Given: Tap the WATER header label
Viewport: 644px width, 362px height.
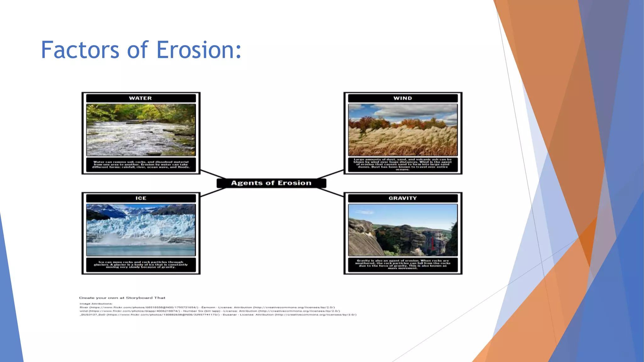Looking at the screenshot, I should click(x=141, y=98).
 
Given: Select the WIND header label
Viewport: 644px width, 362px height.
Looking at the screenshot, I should click(x=402, y=98).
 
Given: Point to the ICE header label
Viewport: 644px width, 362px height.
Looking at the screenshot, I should click(x=141, y=198).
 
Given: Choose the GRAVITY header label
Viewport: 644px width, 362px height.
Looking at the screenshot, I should click(x=402, y=198).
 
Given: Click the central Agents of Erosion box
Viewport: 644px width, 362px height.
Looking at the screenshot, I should click(x=271, y=183).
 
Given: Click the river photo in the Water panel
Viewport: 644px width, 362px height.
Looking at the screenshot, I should click(x=141, y=130).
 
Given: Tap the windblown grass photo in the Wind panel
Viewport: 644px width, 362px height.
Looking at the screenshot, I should click(x=403, y=130).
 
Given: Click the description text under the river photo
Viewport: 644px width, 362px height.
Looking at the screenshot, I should click(x=141, y=165).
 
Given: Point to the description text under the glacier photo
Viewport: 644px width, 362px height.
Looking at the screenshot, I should click(x=141, y=265).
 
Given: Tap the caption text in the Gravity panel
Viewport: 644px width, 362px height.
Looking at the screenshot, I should click(x=403, y=265).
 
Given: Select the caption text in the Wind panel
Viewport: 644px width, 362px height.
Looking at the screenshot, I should click(x=403, y=164).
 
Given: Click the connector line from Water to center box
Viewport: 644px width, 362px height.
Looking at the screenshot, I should click(x=213, y=174).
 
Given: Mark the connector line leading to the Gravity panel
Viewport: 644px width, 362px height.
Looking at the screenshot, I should click(x=330, y=192).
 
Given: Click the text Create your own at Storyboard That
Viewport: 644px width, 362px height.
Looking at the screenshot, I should click(x=122, y=298).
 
